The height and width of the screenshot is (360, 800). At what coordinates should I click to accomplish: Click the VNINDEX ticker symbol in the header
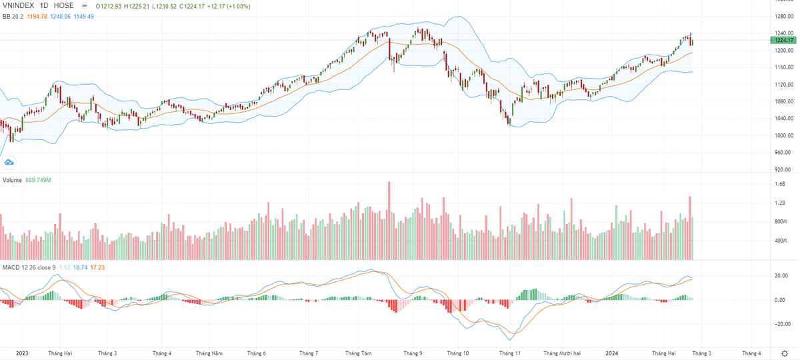(x=17, y=5)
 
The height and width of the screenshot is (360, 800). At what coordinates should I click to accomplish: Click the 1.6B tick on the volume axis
(x=780, y=184)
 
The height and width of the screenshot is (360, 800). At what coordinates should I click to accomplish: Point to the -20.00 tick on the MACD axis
(x=783, y=325)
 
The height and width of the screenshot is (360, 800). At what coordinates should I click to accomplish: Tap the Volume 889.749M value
(x=37, y=181)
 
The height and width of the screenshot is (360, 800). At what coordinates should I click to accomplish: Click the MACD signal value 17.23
(x=99, y=267)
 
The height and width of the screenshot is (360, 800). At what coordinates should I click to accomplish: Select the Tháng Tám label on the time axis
(x=358, y=353)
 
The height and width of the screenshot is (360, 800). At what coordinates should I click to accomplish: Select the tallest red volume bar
(x=389, y=221)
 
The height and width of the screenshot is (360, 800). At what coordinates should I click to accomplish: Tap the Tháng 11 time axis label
(x=509, y=353)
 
